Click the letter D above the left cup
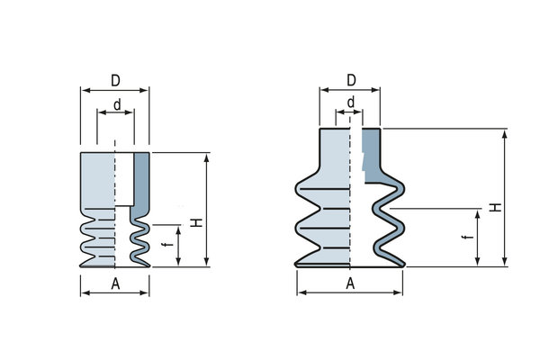(x=115, y=81)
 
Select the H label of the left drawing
(x=195, y=222)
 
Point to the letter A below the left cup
(x=115, y=283)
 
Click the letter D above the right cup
(x=350, y=81)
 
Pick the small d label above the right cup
(x=349, y=102)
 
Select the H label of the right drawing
(x=495, y=207)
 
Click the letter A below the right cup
(x=350, y=283)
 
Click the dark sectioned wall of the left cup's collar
(x=141, y=180)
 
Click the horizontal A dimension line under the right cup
(x=350, y=293)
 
